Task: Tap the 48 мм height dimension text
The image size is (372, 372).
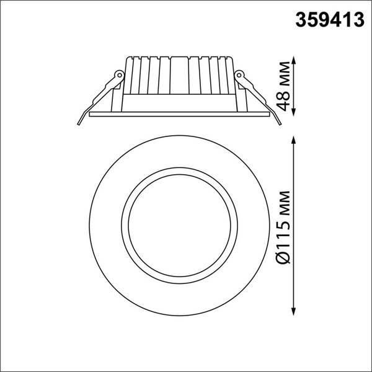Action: [283, 86]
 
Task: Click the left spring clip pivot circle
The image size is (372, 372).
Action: [116, 76]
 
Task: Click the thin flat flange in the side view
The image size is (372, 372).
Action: [180, 115]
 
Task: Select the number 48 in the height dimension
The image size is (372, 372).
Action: [283, 100]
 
